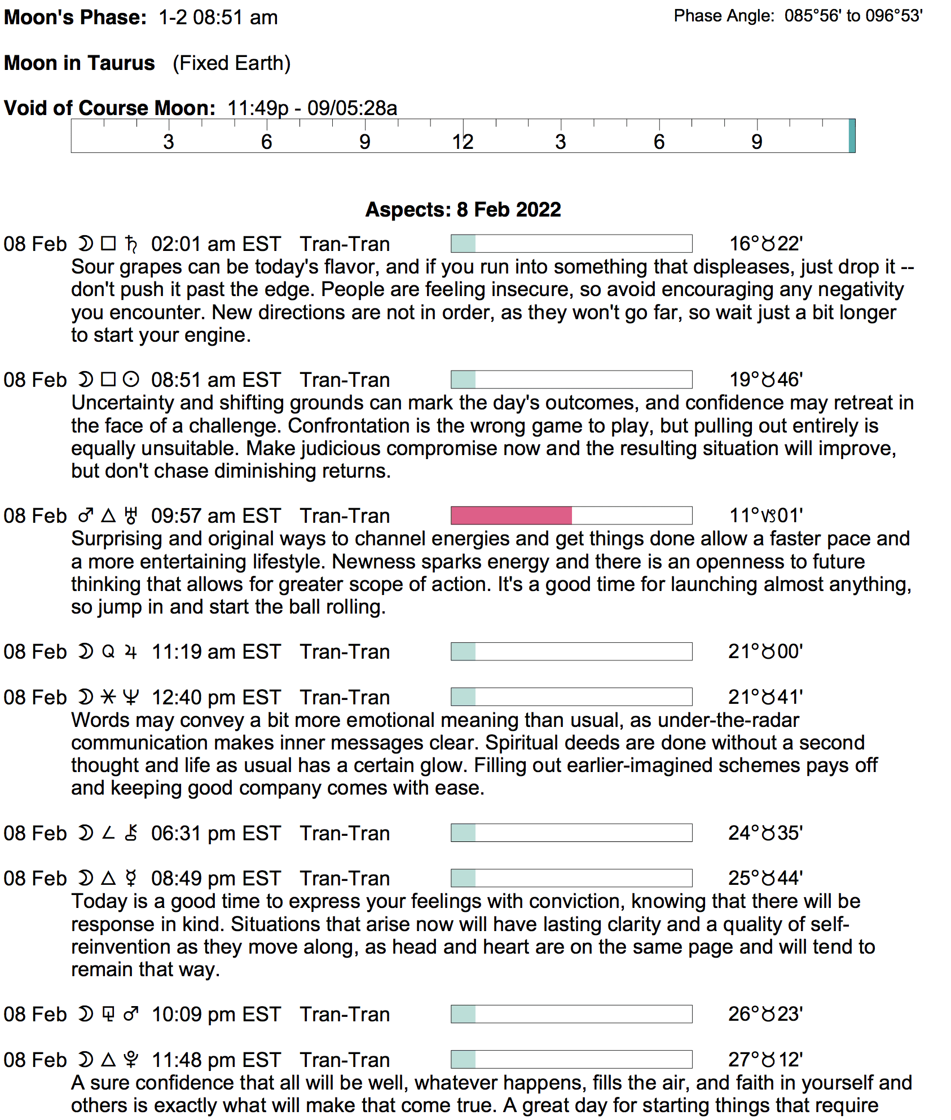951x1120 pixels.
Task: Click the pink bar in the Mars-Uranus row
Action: [x=511, y=515]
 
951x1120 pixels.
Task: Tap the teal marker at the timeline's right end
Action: [x=852, y=136]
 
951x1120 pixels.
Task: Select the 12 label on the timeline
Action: [x=463, y=142]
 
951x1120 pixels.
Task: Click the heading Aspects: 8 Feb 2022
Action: [x=463, y=210]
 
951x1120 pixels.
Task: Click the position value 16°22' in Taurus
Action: [x=765, y=244]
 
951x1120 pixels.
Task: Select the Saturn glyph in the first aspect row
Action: [x=131, y=244]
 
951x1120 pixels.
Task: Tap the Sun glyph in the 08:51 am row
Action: [x=131, y=380]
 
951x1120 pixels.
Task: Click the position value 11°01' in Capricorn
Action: [x=765, y=516]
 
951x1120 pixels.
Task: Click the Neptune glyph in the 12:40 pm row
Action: [x=131, y=698]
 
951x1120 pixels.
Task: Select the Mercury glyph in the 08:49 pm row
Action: [x=131, y=879]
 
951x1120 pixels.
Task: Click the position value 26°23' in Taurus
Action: [x=765, y=1015]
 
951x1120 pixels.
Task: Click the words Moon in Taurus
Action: [x=80, y=63]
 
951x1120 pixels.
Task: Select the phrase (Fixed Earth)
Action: [x=231, y=63]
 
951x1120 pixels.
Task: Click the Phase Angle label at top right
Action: [x=724, y=16]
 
